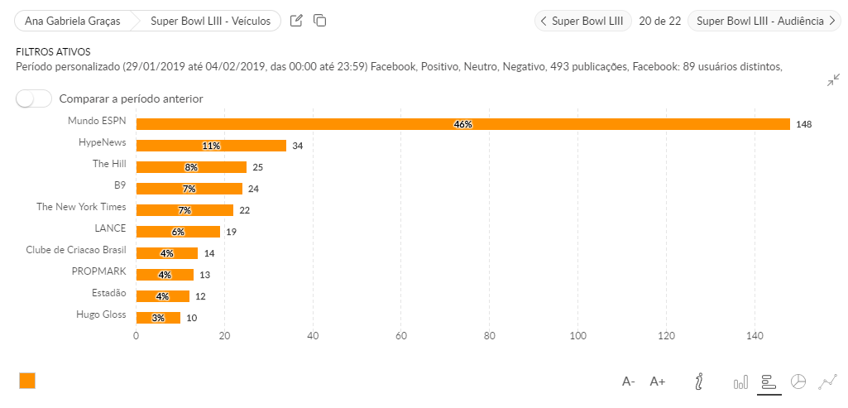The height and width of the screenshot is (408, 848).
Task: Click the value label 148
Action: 803,124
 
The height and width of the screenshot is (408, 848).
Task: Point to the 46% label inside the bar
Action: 462,124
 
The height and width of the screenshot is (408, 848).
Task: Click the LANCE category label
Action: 110,228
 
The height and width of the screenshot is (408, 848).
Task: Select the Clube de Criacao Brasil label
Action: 76,249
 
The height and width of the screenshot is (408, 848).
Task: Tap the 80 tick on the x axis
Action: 490,336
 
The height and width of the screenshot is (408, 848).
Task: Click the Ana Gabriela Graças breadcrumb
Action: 73,21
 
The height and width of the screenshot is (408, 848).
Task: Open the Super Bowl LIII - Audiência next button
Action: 764,21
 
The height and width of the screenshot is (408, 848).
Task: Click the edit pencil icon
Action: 296,21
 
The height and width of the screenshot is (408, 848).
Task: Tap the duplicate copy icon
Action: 319,21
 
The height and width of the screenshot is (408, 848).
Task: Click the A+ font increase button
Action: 658,382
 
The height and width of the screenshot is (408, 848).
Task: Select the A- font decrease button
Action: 629,382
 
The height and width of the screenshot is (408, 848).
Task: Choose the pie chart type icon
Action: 798,382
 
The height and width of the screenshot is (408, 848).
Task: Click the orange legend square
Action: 27,381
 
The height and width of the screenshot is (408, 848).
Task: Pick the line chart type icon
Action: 827,382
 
